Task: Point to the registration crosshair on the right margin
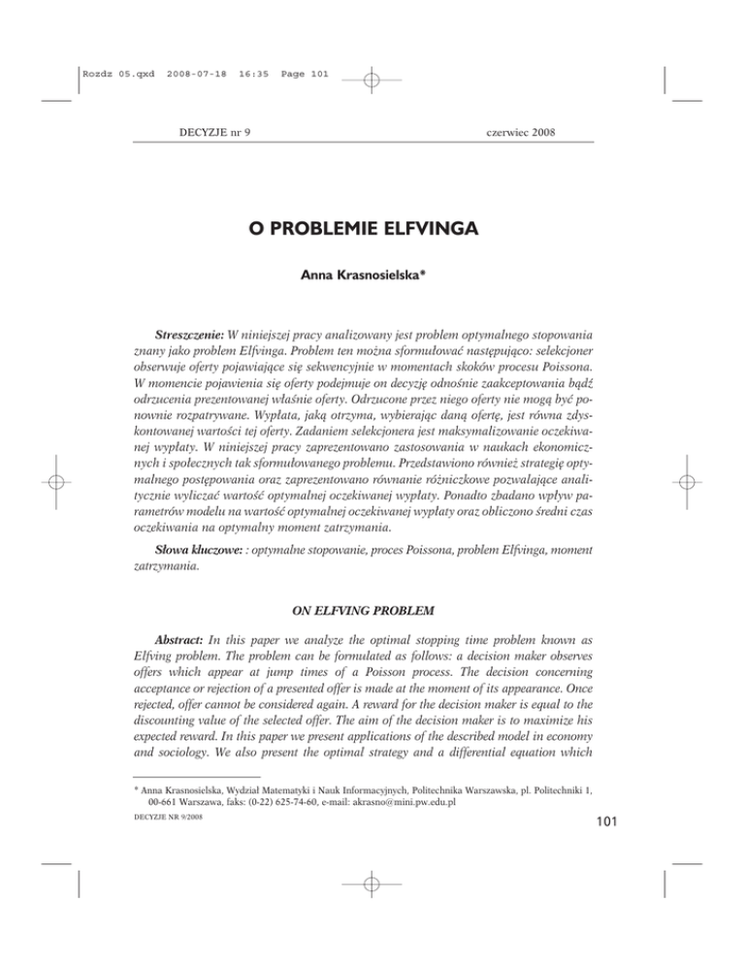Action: click(686, 482)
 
